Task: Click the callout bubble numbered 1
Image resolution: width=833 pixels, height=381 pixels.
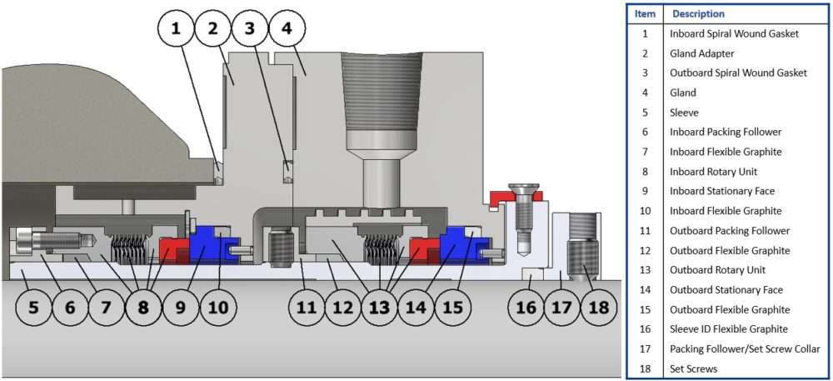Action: (x=176, y=28)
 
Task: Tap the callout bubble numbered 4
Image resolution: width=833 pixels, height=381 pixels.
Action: (x=287, y=28)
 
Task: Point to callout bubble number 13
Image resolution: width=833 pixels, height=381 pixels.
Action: (x=380, y=308)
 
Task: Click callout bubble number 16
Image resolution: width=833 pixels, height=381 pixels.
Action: (x=526, y=308)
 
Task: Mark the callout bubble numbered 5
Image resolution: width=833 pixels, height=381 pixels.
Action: (x=33, y=308)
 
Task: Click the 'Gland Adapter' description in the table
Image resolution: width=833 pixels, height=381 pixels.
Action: (x=701, y=53)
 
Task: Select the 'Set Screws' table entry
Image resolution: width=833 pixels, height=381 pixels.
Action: (x=693, y=368)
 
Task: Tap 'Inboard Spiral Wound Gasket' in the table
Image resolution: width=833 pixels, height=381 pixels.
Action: (x=734, y=33)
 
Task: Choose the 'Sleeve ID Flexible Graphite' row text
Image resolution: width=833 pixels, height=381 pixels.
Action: (x=728, y=328)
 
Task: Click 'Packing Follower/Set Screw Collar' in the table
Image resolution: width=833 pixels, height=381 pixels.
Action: (x=745, y=348)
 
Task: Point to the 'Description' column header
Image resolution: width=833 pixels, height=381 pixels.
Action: (x=698, y=13)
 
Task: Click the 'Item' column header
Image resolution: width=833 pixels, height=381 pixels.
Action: (x=645, y=13)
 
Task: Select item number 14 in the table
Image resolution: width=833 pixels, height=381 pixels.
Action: (x=645, y=289)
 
